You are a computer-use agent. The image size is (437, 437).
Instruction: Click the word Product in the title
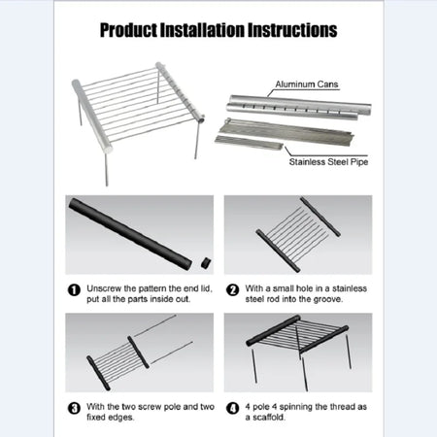[x=136, y=30]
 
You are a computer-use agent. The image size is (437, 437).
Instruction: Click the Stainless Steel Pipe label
[x=327, y=163]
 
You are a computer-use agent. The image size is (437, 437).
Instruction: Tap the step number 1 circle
[x=74, y=289]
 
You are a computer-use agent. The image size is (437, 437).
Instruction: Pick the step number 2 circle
[x=233, y=289]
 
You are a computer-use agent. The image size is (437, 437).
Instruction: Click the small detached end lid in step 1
[x=205, y=261]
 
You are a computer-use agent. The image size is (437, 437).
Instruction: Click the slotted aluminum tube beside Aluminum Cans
[x=291, y=105]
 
